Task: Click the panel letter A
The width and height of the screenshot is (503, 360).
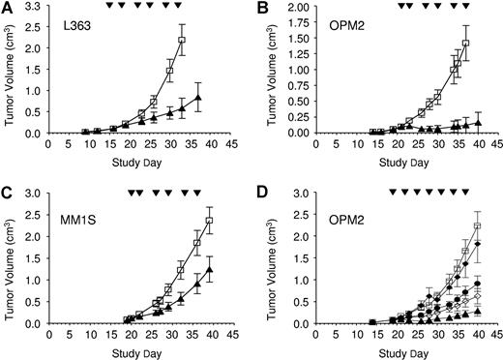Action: (x=8, y=8)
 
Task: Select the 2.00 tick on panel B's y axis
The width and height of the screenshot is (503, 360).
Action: (x=296, y=6)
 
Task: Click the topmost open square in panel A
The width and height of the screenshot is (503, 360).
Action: (x=182, y=40)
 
